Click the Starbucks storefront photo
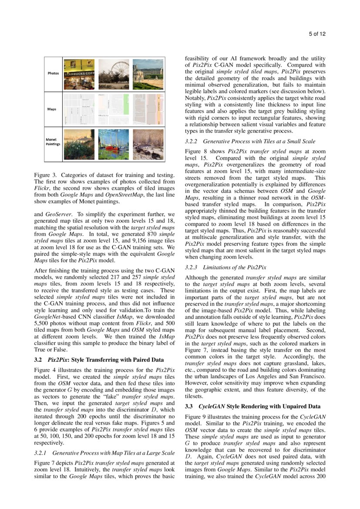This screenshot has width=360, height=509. point(79,72)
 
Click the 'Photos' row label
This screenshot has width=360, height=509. point(53,73)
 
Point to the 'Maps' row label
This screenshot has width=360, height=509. point(51,109)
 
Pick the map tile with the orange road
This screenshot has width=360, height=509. point(148,109)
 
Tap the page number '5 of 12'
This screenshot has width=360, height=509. point(317,34)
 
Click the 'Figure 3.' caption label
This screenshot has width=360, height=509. point(45,175)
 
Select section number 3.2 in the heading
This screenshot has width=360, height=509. point(38,360)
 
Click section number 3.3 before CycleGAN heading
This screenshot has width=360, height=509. point(189,406)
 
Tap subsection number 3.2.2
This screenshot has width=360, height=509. point(192,142)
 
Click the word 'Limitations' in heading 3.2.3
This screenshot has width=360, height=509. point(217,267)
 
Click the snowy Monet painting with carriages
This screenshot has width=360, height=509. point(148,144)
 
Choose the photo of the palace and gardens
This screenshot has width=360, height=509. point(148,72)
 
